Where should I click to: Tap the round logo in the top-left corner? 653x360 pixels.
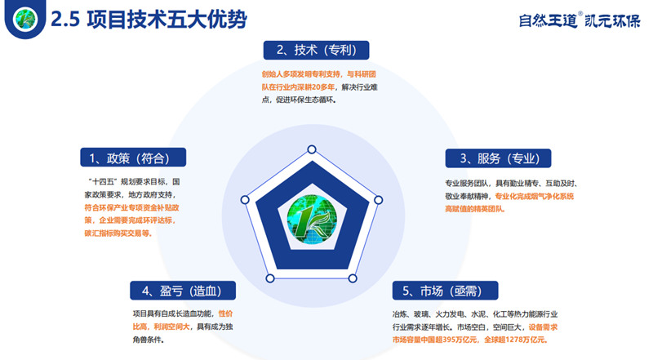[x=24, y=19]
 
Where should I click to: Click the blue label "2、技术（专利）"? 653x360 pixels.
[x=316, y=50]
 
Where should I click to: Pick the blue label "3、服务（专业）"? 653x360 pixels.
[x=498, y=158]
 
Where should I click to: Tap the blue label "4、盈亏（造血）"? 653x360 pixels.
[x=183, y=291]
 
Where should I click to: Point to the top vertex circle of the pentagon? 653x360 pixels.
[x=311, y=149]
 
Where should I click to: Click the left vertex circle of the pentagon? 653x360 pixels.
[x=244, y=200]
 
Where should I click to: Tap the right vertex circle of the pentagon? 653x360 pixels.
[x=378, y=199]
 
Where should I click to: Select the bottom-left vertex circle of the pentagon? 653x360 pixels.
[x=269, y=278]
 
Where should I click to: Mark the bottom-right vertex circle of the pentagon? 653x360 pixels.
[x=353, y=278]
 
